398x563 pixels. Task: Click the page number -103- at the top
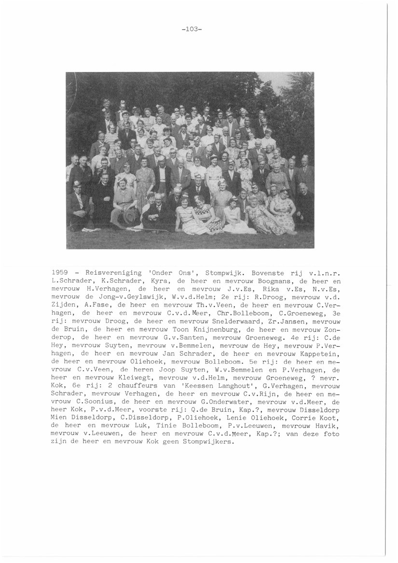click(192, 28)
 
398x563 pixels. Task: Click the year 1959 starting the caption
click(59, 273)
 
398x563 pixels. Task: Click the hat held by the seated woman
click(129, 215)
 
